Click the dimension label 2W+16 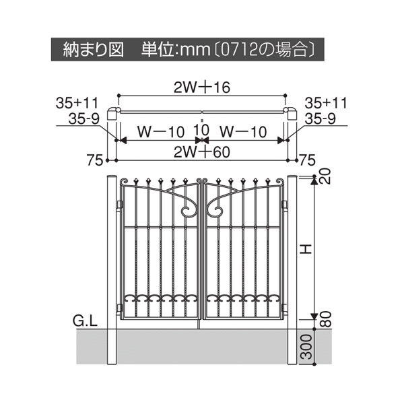click(202, 88)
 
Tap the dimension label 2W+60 click(202, 152)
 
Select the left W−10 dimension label click(161, 132)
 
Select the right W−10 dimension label click(242, 132)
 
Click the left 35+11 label click(77, 103)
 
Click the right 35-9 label click(321, 119)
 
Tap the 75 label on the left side click(94, 160)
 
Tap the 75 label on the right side click(307, 160)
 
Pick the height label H click(306, 249)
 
